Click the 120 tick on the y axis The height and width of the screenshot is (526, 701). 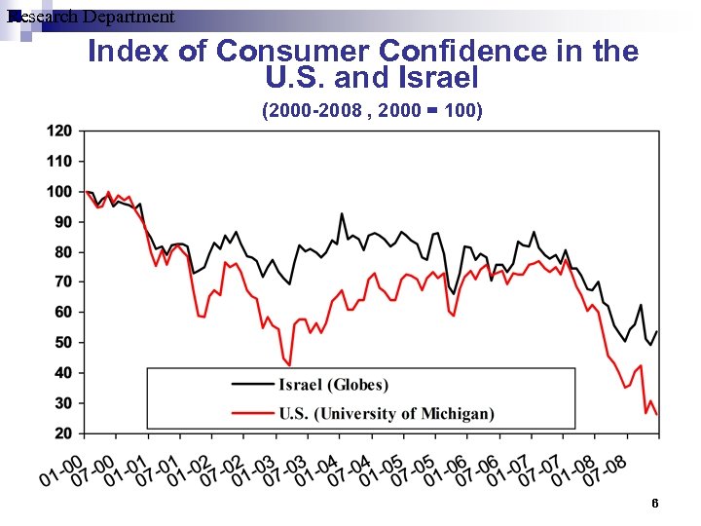point(59,131)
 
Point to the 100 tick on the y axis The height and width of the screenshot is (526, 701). point(59,191)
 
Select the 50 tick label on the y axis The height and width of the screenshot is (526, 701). point(63,342)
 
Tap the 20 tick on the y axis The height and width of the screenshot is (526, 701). point(63,432)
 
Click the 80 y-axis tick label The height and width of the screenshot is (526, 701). point(63,251)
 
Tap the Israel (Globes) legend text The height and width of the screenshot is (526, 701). point(333,385)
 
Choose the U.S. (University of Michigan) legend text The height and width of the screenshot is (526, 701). point(386,414)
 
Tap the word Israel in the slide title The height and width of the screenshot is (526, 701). point(436,76)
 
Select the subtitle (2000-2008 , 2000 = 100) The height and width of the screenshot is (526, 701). point(371,110)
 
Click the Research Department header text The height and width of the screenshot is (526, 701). point(90,17)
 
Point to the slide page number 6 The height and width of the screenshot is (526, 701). point(655,503)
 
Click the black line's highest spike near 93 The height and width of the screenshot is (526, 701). point(342,213)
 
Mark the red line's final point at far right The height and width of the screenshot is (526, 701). point(657,415)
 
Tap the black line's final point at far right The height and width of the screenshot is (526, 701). point(657,331)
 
